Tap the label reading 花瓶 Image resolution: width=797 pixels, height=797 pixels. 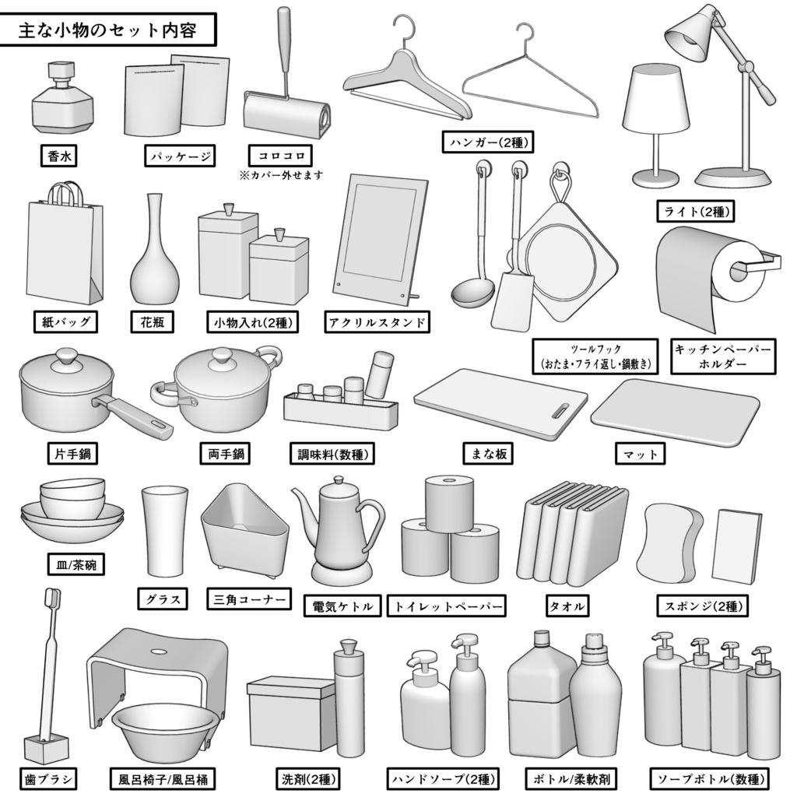(x=152, y=321)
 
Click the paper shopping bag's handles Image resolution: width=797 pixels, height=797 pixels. (x=68, y=191)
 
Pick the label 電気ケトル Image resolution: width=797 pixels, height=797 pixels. (x=342, y=606)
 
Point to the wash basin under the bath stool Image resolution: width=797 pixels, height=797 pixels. (x=164, y=732)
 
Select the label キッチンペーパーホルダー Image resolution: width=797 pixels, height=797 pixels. (x=723, y=356)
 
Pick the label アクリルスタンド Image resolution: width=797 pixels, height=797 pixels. (x=377, y=321)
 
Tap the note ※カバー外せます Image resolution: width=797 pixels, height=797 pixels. (x=281, y=175)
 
